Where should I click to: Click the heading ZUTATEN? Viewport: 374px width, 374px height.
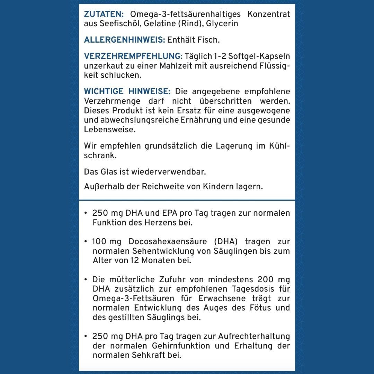[x=104, y=15]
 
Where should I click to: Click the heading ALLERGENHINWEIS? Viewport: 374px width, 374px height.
[x=124, y=40]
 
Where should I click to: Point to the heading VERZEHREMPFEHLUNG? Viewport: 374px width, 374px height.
[x=133, y=56]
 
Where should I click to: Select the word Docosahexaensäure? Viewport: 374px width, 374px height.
[x=168, y=241]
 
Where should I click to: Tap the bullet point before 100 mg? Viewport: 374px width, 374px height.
[x=86, y=241]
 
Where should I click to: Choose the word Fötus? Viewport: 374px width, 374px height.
[x=256, y=308]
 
